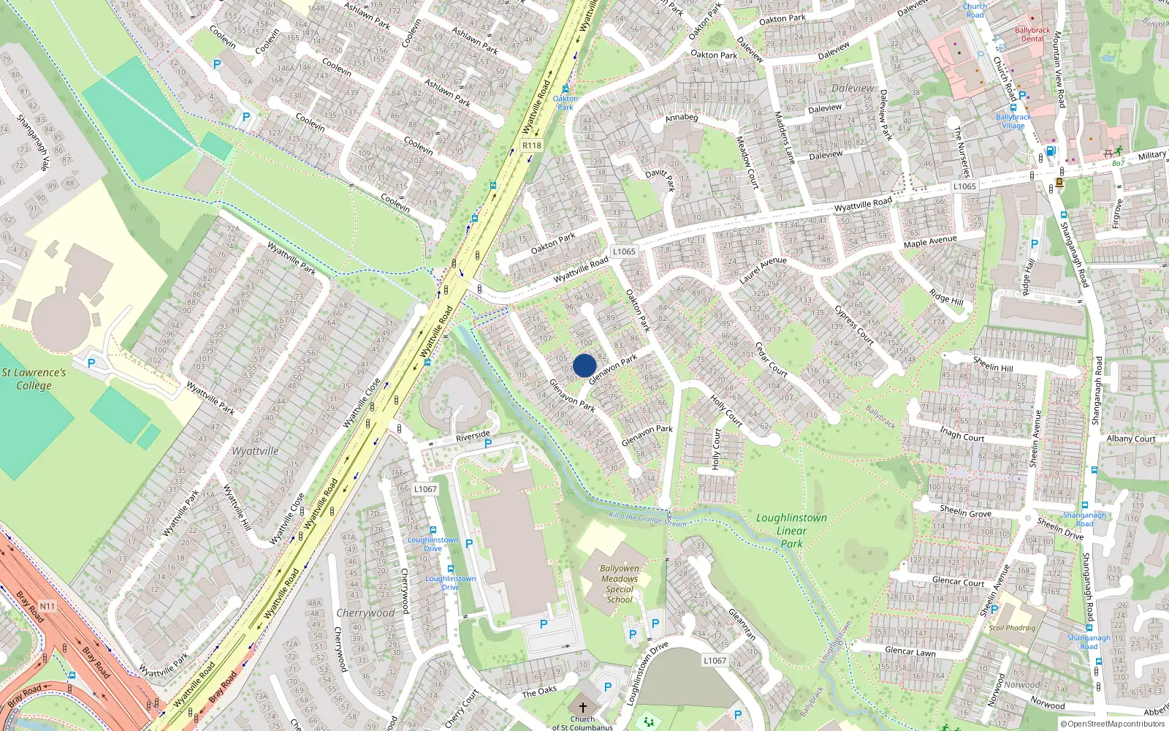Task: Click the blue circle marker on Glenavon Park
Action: [584, 365]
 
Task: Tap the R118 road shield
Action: [532, 145]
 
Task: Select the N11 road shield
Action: [47, 606]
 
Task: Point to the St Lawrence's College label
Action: [34, 379]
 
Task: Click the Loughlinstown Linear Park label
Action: [792, 530]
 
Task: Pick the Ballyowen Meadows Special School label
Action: [620, 583]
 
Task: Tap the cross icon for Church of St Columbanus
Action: [582, 707]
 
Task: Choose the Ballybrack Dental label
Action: [1032, 34]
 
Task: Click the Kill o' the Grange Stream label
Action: [648, 520]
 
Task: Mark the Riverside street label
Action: [473, 436]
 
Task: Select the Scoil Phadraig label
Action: [1012, 627]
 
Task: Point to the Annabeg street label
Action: [682, 117]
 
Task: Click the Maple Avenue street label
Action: [930, 240]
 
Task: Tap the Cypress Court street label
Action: [854, 325]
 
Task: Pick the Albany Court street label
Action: [1130, 439]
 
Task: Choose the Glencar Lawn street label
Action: [910, 651]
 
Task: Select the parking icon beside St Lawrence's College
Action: [91, 363]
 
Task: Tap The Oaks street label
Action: [539, 692]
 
